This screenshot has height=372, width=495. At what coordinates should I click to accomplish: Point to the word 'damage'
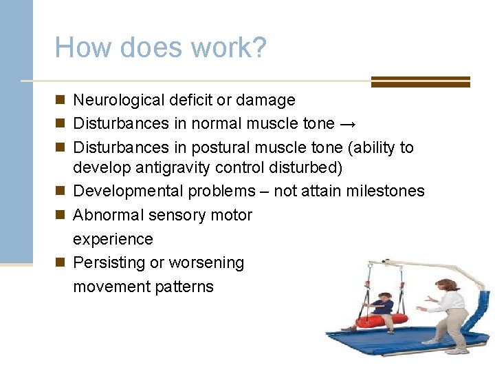[265, 101]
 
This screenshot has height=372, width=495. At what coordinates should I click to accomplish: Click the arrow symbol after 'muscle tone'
[348, 125]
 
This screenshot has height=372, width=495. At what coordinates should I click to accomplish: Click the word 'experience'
[113, 240]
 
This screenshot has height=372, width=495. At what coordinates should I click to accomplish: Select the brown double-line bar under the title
[420, 82]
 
